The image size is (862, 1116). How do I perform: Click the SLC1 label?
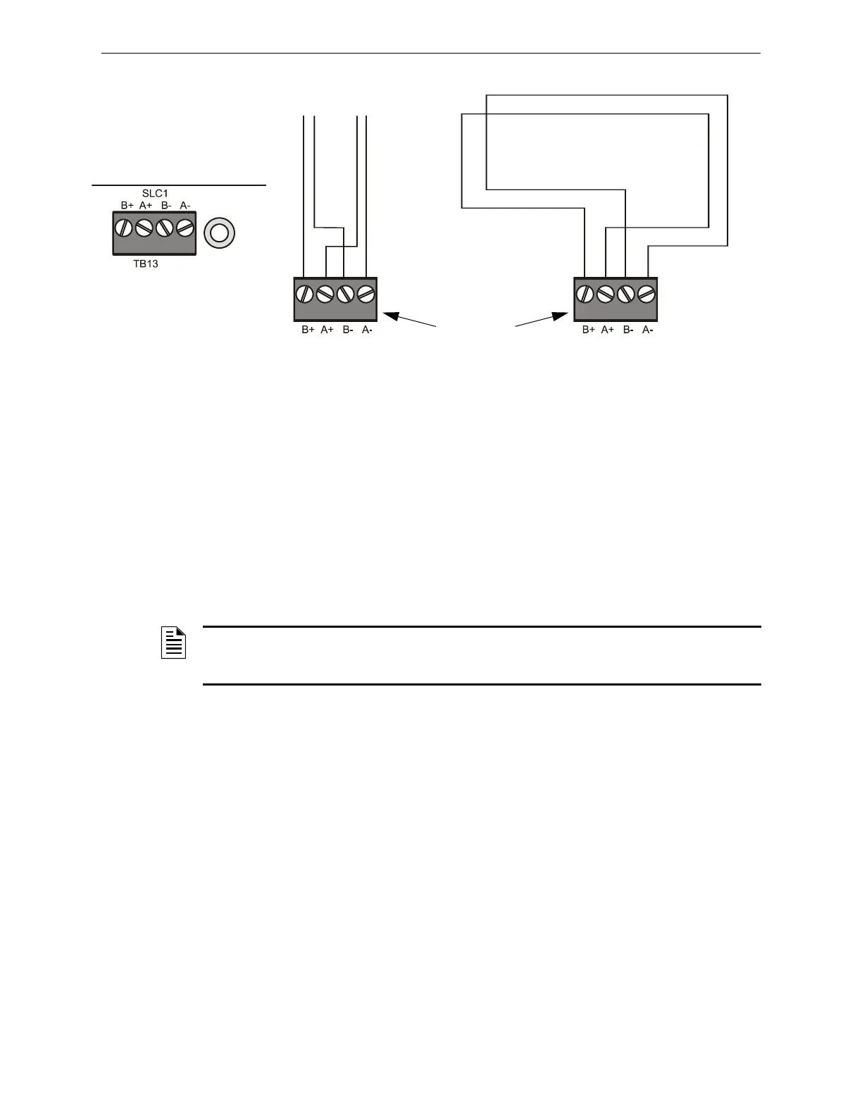click(x=155, y=193)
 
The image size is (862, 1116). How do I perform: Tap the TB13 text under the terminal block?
click(x=146, y=265)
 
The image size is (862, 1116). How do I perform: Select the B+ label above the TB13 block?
click(x=127, y=206)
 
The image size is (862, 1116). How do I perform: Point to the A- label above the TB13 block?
click(x=185, y=206)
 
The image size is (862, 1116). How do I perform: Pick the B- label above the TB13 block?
click(x=165, y=206)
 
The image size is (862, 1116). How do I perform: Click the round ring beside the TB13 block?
click(x=219, y=232)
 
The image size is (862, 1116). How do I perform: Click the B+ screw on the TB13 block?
click(x=124, y=228)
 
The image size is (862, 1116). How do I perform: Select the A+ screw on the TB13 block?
click(x=144, y=228)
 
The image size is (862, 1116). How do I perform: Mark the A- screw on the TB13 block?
click(x=185, y=228)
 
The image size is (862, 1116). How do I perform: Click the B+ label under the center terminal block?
click(x=308, y=330)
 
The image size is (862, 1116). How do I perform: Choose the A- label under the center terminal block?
click(x=367, y=330)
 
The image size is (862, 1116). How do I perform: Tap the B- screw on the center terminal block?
click(x=345, y=293)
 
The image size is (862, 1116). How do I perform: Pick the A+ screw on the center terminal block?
click(x=325, y=293)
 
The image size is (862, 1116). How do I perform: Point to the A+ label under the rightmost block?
click(x=608, y=330)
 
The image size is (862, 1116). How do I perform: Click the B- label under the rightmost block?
click(x=628, y=330)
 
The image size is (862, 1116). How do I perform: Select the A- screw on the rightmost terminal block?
click(x=646, y=293)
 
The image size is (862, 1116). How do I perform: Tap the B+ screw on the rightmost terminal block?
click(x=585, y=293)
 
